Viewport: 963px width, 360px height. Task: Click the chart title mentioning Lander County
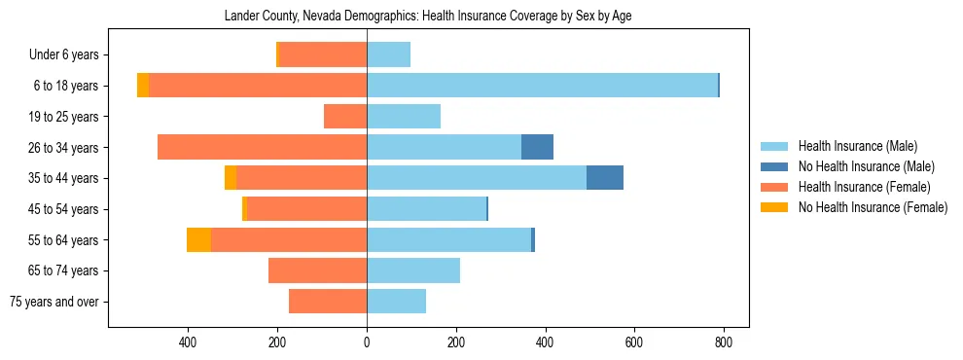click(x=428, y=17)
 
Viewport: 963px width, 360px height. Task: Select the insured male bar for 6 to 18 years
click(x=542, y=86)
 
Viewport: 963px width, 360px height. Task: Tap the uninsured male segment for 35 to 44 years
click(x=604, y=178)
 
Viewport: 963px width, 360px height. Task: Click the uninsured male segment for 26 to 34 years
click(x=537, y=147)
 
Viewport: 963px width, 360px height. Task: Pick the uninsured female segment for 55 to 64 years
click(x=198, y=239)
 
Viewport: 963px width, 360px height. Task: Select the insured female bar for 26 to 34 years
click(x=262, y=147)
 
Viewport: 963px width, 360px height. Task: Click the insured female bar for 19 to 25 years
click(x=345, y=117)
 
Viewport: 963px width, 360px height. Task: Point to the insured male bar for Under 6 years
click(x=388, y=54)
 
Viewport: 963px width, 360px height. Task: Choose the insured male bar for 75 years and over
click(x=396, y=302)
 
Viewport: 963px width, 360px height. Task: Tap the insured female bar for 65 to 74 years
click(x=317, y=270)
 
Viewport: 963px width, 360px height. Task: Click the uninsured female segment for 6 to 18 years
click(x=143, y=86)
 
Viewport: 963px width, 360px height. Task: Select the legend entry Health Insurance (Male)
click(x=857, y=146)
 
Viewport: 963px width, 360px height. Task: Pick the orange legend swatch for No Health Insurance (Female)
click(x=773, y=207)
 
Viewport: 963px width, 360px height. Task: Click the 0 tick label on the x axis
click(x=367, y=342)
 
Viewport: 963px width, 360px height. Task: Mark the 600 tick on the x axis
click(x=634, y=342)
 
